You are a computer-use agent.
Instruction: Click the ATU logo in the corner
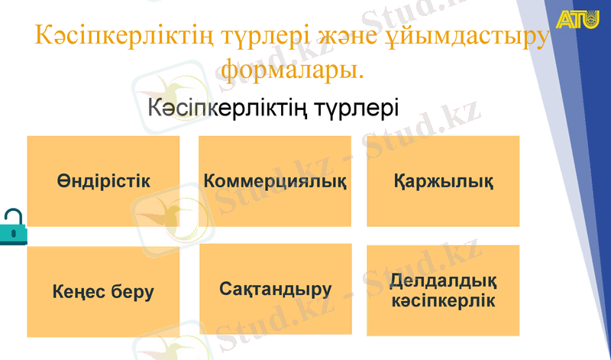(x=578, y=21)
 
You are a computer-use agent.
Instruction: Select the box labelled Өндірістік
(x=103, y=181)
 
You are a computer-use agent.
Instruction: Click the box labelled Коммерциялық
(x=275, y=181)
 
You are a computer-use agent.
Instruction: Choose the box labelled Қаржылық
(x=443, y=181)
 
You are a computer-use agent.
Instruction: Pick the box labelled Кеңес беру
(x=103, y=291)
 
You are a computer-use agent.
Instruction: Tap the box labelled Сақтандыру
(x=275, y=289)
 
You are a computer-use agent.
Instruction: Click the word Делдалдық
(x=443, y=281)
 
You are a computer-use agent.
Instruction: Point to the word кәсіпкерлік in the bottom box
(x=443, y=300)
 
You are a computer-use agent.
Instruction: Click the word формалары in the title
(x=289, y=70)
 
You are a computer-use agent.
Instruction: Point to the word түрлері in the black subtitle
(x=357, y=107)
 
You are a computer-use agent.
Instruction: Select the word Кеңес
(x=79, y=291)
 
